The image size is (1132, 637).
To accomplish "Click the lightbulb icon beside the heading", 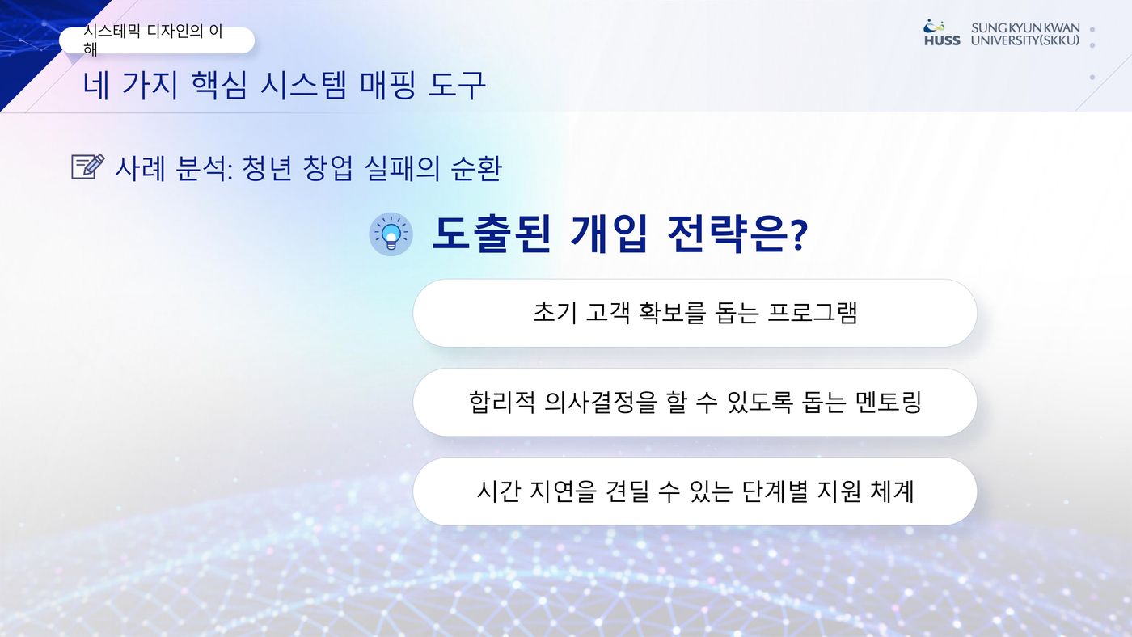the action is tap(391, 234).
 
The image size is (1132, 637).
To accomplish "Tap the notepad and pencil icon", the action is tap(88, 167).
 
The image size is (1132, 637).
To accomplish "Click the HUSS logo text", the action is tap(942, 40).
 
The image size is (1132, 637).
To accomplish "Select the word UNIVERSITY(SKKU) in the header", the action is tap(1025, 40).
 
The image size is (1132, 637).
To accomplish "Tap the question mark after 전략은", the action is tap(799, 235).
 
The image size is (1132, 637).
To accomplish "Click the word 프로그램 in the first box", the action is tap(813, 312).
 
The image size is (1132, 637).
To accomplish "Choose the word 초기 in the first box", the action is tap(555, 312).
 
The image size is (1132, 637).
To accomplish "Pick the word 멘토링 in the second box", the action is tap(889, 402).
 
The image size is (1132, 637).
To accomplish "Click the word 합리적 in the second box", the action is tap(501, 402).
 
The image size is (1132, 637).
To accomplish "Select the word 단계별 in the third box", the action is tap(775, 491).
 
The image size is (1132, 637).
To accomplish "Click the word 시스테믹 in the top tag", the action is tap(112, 32).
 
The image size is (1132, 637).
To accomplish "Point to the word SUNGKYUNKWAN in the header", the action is tap(1025, 27).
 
